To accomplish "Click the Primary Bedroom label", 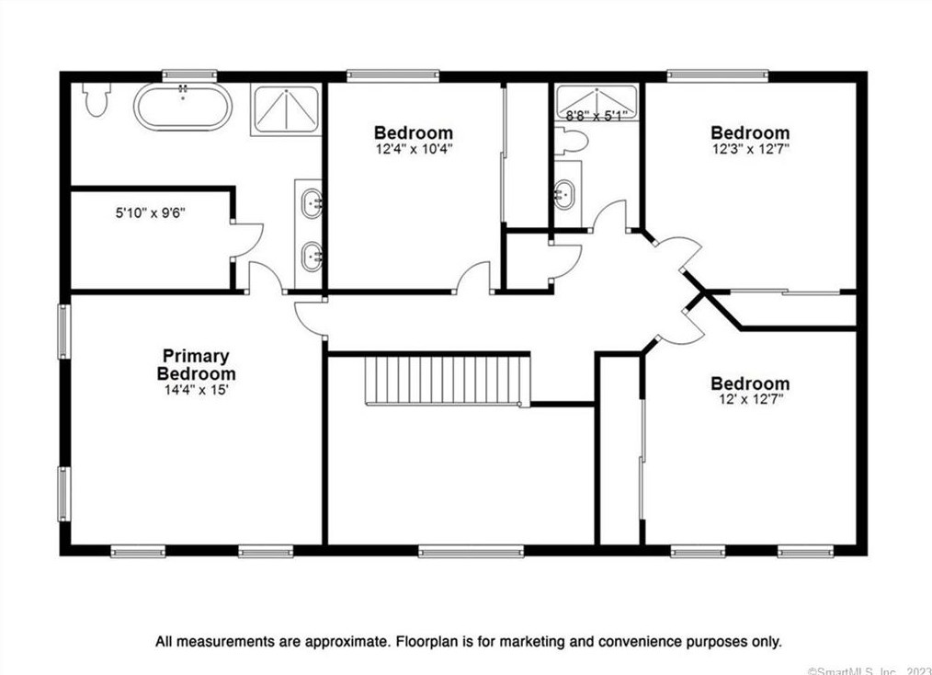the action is (x=196, y=364).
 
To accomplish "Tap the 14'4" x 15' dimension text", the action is (x=196, y=390).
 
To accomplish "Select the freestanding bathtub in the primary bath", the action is (x=183, y=106).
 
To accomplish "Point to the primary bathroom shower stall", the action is (x=286, y=109).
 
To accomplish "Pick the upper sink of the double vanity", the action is (x=313, y=204).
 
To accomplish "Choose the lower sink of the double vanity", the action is (x=313, y=257).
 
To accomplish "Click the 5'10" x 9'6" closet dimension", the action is (x=151, y=212).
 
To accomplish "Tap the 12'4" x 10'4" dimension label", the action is (x=414, y=149).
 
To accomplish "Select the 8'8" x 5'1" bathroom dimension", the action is (x=597, y=116).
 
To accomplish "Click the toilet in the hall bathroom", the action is (x=570, y=142).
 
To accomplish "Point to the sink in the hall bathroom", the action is (x=564, y=194).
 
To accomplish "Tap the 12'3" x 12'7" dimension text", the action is (x=751, y=149).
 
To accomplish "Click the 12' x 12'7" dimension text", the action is (x=751, y=400).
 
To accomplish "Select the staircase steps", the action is (x=447, y=381).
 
